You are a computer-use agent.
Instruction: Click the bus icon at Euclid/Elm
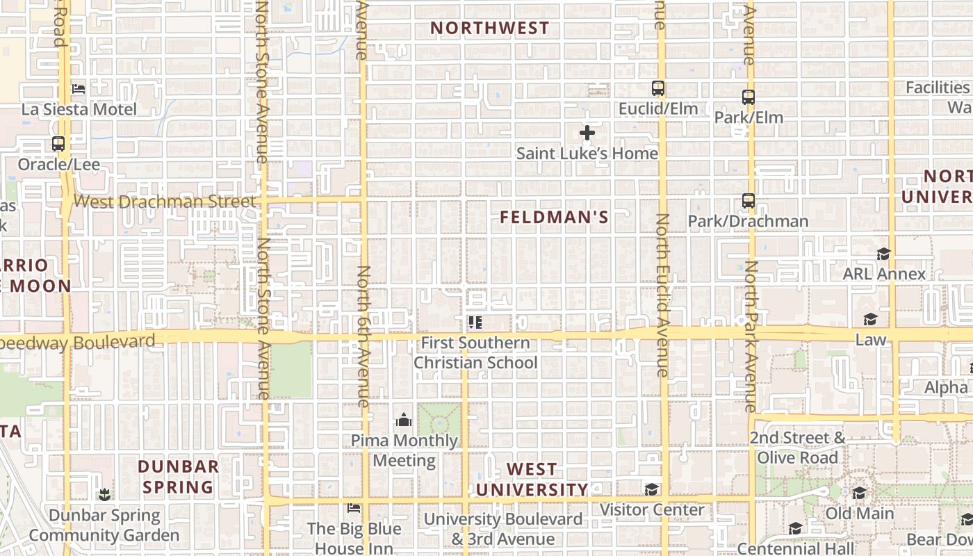(657, 88)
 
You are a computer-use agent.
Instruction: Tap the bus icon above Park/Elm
(748, 97)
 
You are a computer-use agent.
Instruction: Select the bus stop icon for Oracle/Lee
(58, 144)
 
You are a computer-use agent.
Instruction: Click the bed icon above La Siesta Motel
(79, 89)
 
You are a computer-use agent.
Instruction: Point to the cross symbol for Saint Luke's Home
(587, 133)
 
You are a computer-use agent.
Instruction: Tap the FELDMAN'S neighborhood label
(554, 218)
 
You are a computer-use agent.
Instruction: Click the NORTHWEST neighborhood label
(489, 28)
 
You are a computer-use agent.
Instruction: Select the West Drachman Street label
(165, 202)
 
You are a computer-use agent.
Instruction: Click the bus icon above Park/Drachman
(748, 201)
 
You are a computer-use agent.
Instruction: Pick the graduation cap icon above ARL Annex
(883, 254)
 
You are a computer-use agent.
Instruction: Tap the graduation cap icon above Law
(870, 319)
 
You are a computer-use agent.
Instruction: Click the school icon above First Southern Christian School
(475, 322)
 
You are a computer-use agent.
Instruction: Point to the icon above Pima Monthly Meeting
(403, 420)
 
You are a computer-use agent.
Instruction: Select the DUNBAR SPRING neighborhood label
(178, 477)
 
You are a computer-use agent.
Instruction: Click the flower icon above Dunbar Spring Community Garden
(104, 495)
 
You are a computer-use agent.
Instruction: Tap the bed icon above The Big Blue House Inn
(354, 508)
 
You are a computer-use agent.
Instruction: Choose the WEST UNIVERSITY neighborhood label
(532, 480)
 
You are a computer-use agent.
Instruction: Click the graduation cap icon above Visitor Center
(651, 489)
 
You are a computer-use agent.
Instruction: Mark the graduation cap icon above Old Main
(859, 493)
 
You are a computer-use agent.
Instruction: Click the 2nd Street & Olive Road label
(797, 448)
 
